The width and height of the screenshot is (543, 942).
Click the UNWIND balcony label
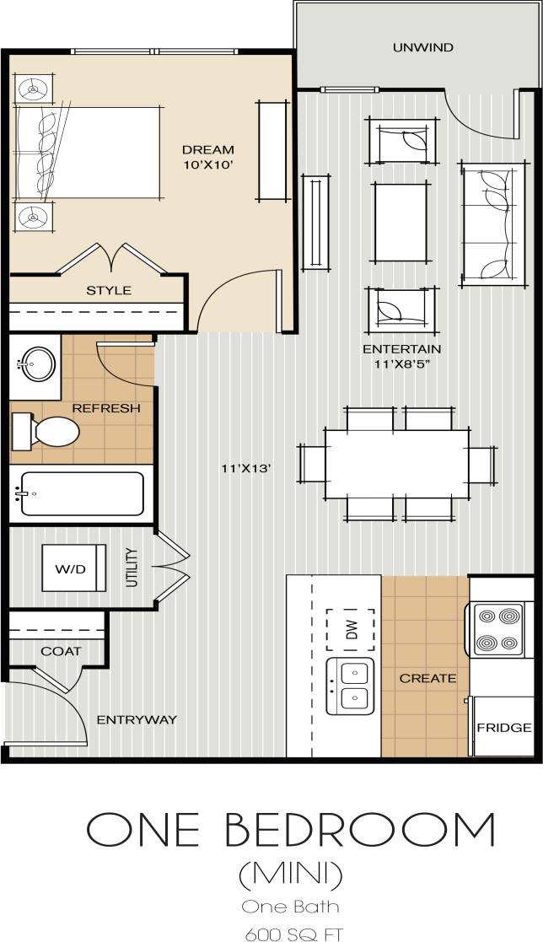pyautogui.click(x=422, y=48)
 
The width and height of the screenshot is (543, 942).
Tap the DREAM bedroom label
pyautogui.click(x=207, y=150)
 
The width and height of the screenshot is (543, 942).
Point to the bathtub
pyautogui.click(x=82, y=493)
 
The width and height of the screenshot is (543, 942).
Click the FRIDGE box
pyautogui.click(x=503, y=727)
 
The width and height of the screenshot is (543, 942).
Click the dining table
pyautogui.click(x=396, y=463)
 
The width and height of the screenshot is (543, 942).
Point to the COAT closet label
pyautogui.click(x=61, y=651)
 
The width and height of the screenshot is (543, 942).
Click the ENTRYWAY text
pyautogui.click(x=137, y=719)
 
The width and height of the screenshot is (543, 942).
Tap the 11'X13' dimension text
pyautogui.click(x=245, y=468)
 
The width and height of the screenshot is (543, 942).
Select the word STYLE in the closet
pyautogui.click(x=109, y=290)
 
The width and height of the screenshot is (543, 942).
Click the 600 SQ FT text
pyautogui.click(x=294, y=934)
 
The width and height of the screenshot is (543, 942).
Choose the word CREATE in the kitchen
pyautogui.click(x=427, y=678)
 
